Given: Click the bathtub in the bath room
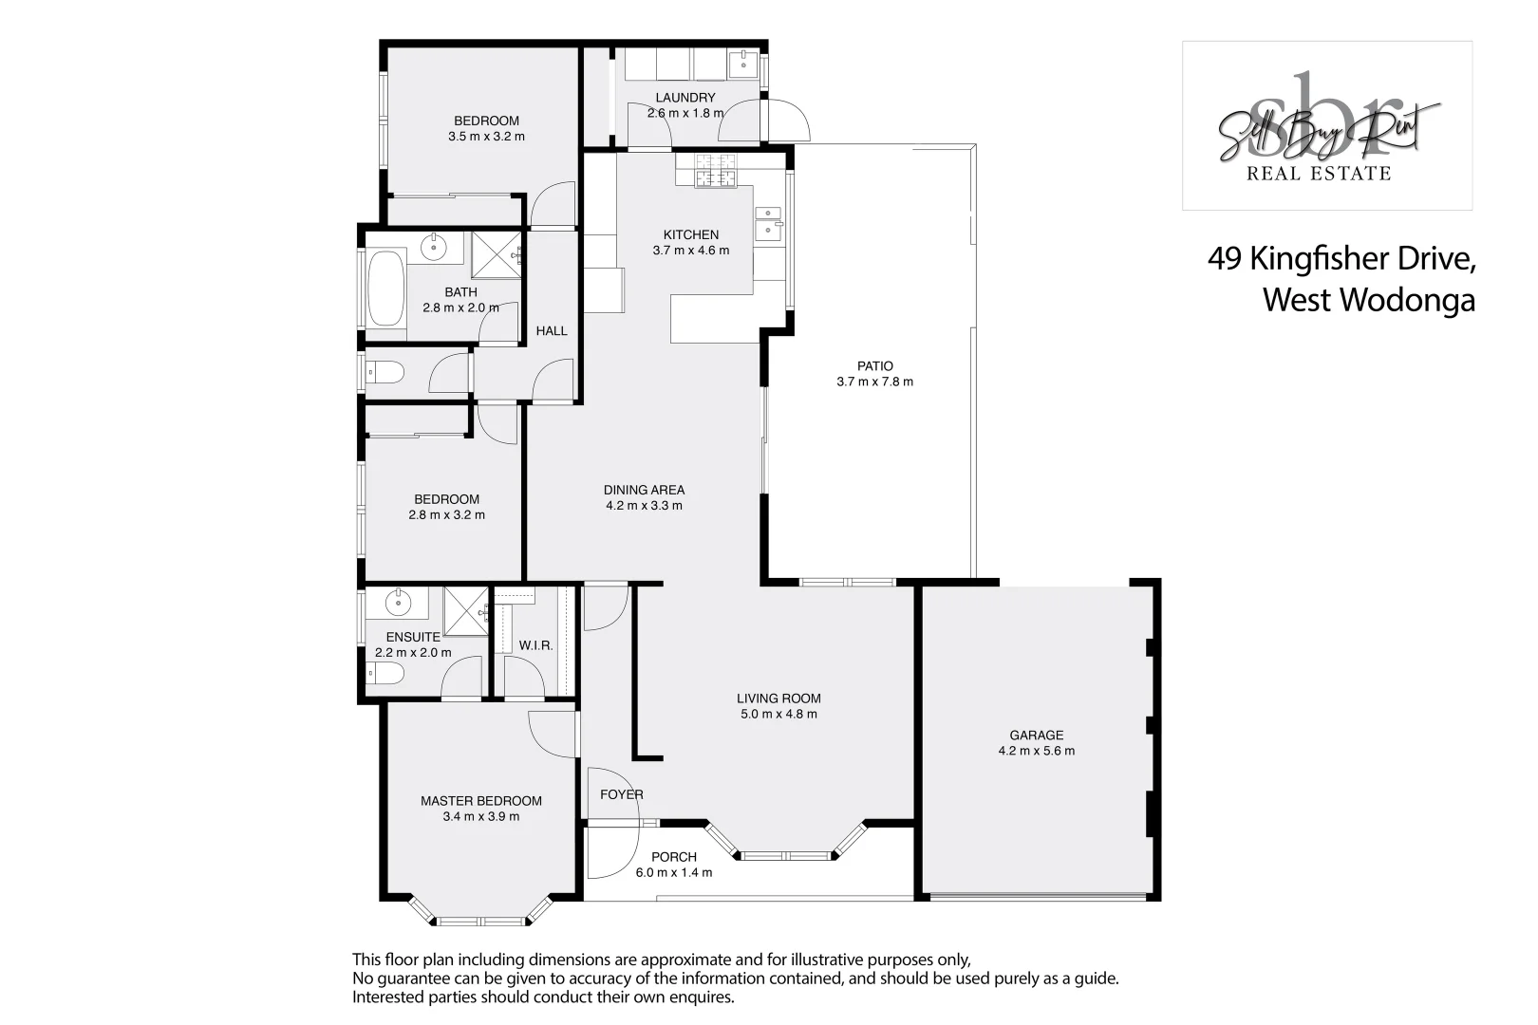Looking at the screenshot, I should tap(385, 287).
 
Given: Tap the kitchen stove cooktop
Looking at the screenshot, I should tap(716, 171).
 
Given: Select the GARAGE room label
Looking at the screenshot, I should tap(1036, 735).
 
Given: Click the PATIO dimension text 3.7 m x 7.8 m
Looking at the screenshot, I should tap(874, 382).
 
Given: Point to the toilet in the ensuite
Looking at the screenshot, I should tap(385, 674).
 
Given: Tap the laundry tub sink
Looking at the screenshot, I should tap(741, 65).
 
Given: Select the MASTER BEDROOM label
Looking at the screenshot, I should tap(480, 801).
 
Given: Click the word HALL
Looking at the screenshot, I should tap(551, 331).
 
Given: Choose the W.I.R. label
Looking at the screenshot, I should tap(535, 645).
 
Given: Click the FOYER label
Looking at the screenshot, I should tap(621, 794).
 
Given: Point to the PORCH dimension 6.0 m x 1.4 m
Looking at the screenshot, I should tap(673, 872).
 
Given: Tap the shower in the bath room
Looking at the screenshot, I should tap(497, 254).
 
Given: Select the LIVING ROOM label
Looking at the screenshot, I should tap(778, 699).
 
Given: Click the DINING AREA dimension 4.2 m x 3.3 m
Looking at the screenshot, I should tap(644, 506).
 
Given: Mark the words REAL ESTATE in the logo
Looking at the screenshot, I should tap(1318, 173).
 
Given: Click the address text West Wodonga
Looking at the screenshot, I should tap(1368, 300).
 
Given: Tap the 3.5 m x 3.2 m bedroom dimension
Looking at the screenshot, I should tap(486, 137).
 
